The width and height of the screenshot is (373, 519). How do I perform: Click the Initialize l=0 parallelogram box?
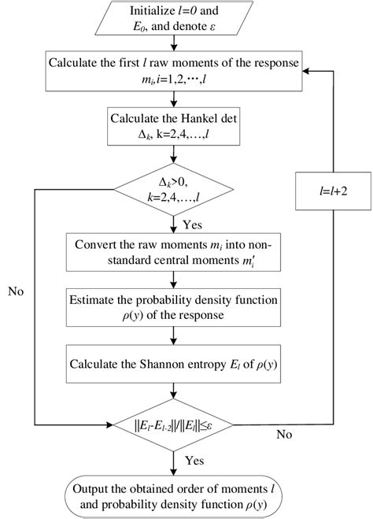[186, 21]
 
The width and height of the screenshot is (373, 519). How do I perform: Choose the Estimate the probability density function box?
[186, 306]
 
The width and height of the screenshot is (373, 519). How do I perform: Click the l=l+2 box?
[326, 191]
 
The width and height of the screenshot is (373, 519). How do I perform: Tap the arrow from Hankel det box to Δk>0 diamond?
[186, 157]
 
